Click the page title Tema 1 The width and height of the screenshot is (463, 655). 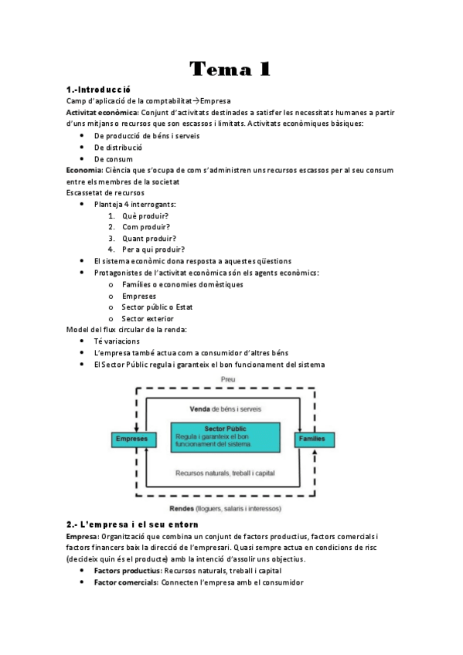(230, 69)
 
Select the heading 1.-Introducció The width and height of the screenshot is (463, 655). (98, 90)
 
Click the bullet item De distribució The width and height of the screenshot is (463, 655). (118, 147)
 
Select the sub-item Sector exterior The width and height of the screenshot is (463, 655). (148, 318)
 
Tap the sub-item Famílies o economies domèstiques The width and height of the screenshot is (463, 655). (182, 284)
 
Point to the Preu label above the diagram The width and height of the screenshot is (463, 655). (227, 379)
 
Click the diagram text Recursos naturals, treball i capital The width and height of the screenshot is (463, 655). (226, 473)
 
